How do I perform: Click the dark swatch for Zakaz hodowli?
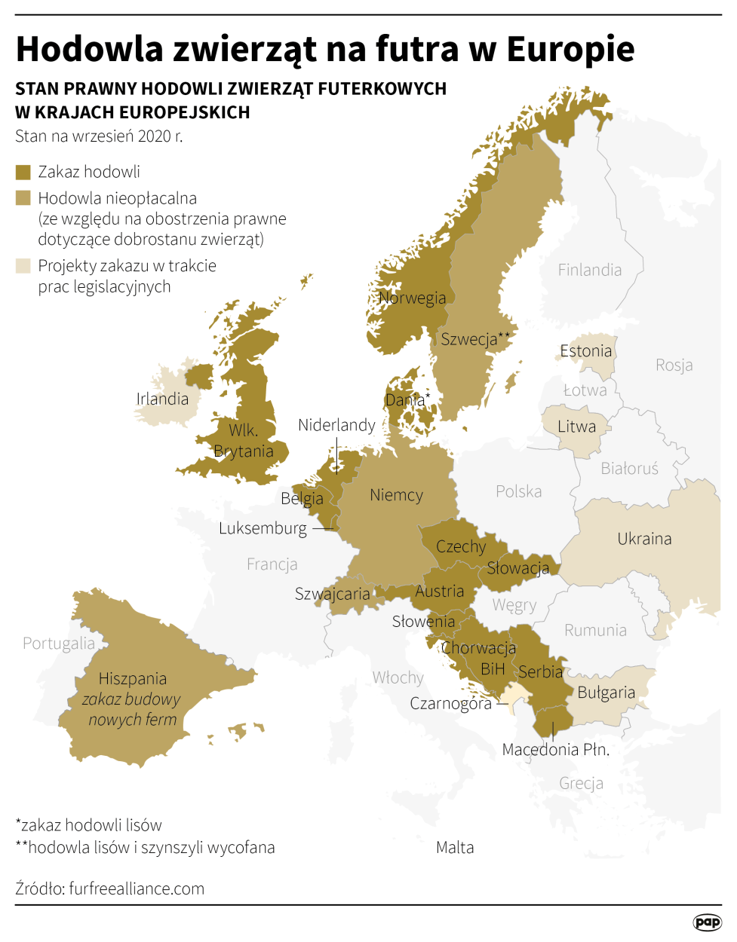[x=23, y=173]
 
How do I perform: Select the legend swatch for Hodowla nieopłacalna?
[x=23, y=198]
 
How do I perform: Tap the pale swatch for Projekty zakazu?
[x=23, y=265]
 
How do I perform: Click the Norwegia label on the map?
[x=413, y=298]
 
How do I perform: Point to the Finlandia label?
[x=589, y=270]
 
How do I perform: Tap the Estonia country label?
[x=585, y=350]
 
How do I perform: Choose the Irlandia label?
[x=162, y=399]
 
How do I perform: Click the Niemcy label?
[x=396, y=495]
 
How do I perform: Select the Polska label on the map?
[x=518, y=491]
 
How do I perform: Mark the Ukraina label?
[x=644, y=539]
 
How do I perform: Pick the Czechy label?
[x=461, y=546]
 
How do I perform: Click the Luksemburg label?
[x=263, y=528]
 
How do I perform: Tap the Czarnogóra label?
[x=450, y=704]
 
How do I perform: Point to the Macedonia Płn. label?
[x=555, y=750]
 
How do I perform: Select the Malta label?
[x=455, y=847]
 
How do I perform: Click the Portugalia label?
[x=59, y=644]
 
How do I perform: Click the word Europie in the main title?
[x=570, y=49]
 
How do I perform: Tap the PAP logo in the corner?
[x=707, y=922]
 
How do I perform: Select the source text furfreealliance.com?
[x=137, y=888]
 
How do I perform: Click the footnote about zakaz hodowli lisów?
[x=88, y=824]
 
